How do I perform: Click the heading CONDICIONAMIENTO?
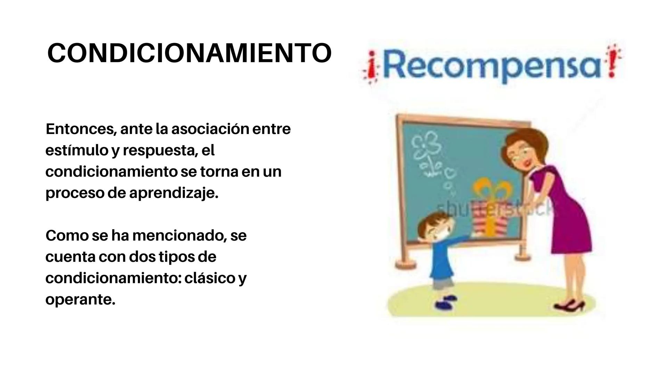tap(189, 53)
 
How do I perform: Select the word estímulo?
tap(76, 151)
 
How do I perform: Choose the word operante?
tap(80, 299)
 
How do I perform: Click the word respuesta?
tap(160, 151)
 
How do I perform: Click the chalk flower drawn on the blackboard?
tap(427, 146)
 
